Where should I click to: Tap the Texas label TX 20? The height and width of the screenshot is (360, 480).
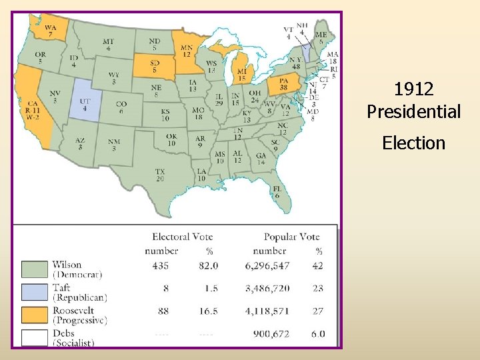click(160, 175)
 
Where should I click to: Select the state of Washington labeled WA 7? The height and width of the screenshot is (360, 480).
click(51, 31)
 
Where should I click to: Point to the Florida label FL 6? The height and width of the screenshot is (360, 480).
click(277, 192)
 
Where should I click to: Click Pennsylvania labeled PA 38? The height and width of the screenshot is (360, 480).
click(283, 85)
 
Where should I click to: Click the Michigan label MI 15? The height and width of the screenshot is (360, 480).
click(241, 74)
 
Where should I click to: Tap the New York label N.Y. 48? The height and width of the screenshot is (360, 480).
click(296, 63)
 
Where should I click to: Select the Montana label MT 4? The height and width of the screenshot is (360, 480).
click(108, 45)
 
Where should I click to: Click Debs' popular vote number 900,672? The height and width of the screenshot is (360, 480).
click(271, 333)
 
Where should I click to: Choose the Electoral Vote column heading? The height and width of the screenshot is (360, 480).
click(182, 237)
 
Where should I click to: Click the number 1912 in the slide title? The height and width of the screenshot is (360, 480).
click(413, 89)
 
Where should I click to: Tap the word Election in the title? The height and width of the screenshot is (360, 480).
click(413, 143)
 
